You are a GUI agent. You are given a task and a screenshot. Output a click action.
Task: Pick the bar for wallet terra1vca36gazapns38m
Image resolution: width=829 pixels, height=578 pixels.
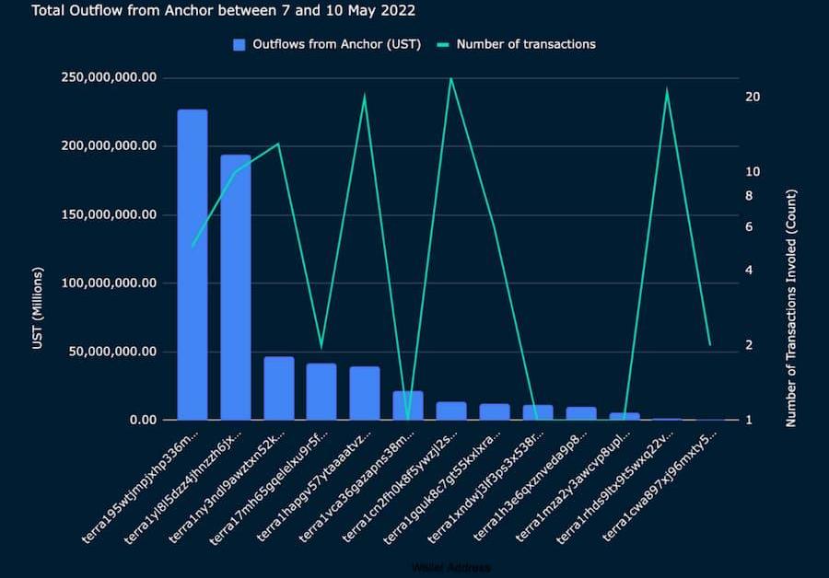click(x=408, y=406)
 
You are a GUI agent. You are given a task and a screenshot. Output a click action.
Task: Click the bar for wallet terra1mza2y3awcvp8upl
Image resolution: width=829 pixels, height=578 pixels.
click(x=624, y=416)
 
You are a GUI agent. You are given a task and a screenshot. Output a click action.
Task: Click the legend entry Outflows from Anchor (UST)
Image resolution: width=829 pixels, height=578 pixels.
click(x=327, y=44)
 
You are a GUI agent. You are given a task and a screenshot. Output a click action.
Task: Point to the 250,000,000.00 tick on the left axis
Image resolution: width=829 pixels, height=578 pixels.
click(x=108, y=77)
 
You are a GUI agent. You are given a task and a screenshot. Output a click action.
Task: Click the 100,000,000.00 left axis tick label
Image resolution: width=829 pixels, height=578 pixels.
click(x=108, y=283)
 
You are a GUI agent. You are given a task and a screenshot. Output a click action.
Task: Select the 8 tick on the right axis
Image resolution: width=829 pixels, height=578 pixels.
click(x=749, y=195)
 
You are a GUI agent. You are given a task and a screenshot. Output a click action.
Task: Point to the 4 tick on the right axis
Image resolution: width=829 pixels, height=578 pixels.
click(x=749, y=270)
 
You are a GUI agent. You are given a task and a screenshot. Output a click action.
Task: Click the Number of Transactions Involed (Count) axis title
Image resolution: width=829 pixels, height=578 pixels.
click(x=791, y=308)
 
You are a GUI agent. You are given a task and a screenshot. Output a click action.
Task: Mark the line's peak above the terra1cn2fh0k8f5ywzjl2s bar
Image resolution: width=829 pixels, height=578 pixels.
click(x=450, y=78)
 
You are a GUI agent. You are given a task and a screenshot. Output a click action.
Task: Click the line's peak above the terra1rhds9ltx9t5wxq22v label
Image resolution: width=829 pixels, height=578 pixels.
click(x=667, y=89)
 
